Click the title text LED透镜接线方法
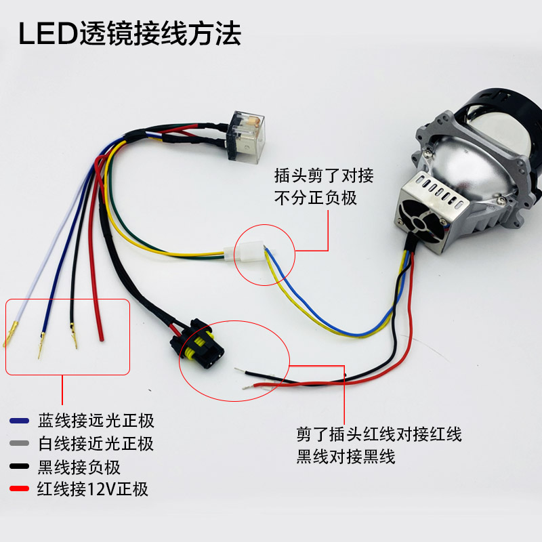coord(129,34)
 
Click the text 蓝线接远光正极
coord(96,421)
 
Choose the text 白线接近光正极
coord(96,444)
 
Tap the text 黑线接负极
coord(84,467)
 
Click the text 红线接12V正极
coord(93,489)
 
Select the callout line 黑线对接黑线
coord(346,457)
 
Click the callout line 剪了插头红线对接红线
coord(379,434)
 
